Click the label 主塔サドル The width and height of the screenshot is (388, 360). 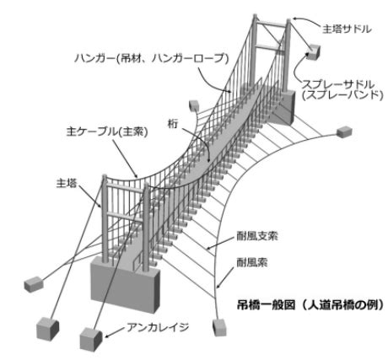tap(347, 29)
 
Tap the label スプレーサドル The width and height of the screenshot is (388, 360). tap(338, 84)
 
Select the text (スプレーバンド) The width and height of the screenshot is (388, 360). tap(342, 95)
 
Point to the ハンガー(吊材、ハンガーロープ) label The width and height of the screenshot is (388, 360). tap(152, 58)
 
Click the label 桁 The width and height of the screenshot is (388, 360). tap(173, 124)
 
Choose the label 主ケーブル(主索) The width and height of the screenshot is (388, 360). tap(107, 132)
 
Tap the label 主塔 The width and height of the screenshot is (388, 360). tap(67, 183)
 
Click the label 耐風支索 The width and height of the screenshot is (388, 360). tap(257, 236)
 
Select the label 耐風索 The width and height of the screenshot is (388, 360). tap(252, 262)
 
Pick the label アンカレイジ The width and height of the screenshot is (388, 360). tap(158, 327)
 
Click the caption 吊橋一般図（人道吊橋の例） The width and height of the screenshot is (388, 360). tap(310, 304)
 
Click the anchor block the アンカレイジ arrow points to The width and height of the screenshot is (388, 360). tap(90, 340)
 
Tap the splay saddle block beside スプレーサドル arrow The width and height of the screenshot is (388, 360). tap(313, 52)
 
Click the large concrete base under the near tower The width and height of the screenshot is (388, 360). tap(126, 284)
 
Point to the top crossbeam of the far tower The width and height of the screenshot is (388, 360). tap(272, 24)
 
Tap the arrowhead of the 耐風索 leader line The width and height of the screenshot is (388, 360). tap(218, 287)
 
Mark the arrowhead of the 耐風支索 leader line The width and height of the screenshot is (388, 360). tap(208, 248)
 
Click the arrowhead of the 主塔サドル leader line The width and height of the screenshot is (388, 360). tap(294, 19)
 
